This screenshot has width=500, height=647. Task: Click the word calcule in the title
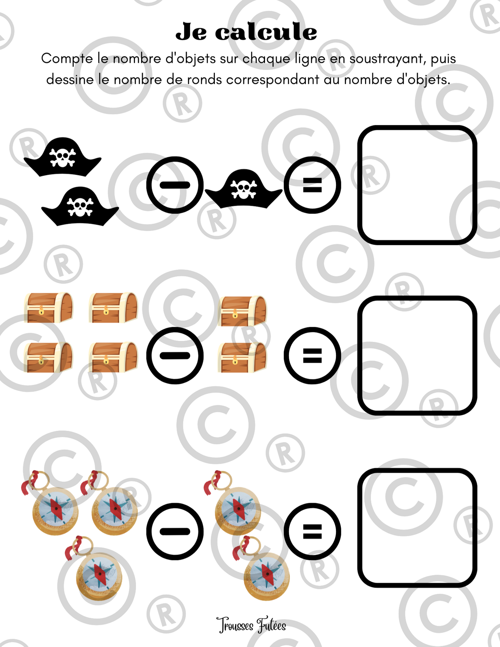(266, 32)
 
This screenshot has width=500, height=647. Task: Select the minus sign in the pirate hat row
(175, 185)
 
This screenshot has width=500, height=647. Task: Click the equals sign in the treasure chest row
(312, 355)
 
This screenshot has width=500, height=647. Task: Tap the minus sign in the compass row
(175, 532)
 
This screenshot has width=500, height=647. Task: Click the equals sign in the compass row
(312, 532)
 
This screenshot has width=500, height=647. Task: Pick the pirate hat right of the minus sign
(244, 189)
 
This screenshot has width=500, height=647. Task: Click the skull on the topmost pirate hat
(63, 157)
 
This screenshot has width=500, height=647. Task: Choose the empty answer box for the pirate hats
(417, 185)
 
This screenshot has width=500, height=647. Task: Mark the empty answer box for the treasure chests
(417, 355)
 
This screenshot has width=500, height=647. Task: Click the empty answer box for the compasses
(417, 528)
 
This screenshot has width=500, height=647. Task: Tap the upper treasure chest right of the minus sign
(243, 311)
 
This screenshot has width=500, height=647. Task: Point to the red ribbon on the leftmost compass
(30, 482)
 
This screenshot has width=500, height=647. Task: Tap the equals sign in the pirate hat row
(312, 185)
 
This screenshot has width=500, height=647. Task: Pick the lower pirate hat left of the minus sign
(80, 206)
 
